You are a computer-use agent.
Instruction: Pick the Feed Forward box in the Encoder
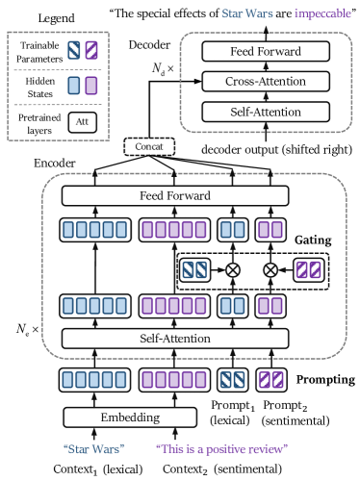click(175, 196)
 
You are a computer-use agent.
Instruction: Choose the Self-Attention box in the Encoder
click(175, 338)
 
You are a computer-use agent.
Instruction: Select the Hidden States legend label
click(34, 89)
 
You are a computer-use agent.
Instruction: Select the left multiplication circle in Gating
click(232, 270)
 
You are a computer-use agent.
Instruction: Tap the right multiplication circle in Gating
click(270, 270)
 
